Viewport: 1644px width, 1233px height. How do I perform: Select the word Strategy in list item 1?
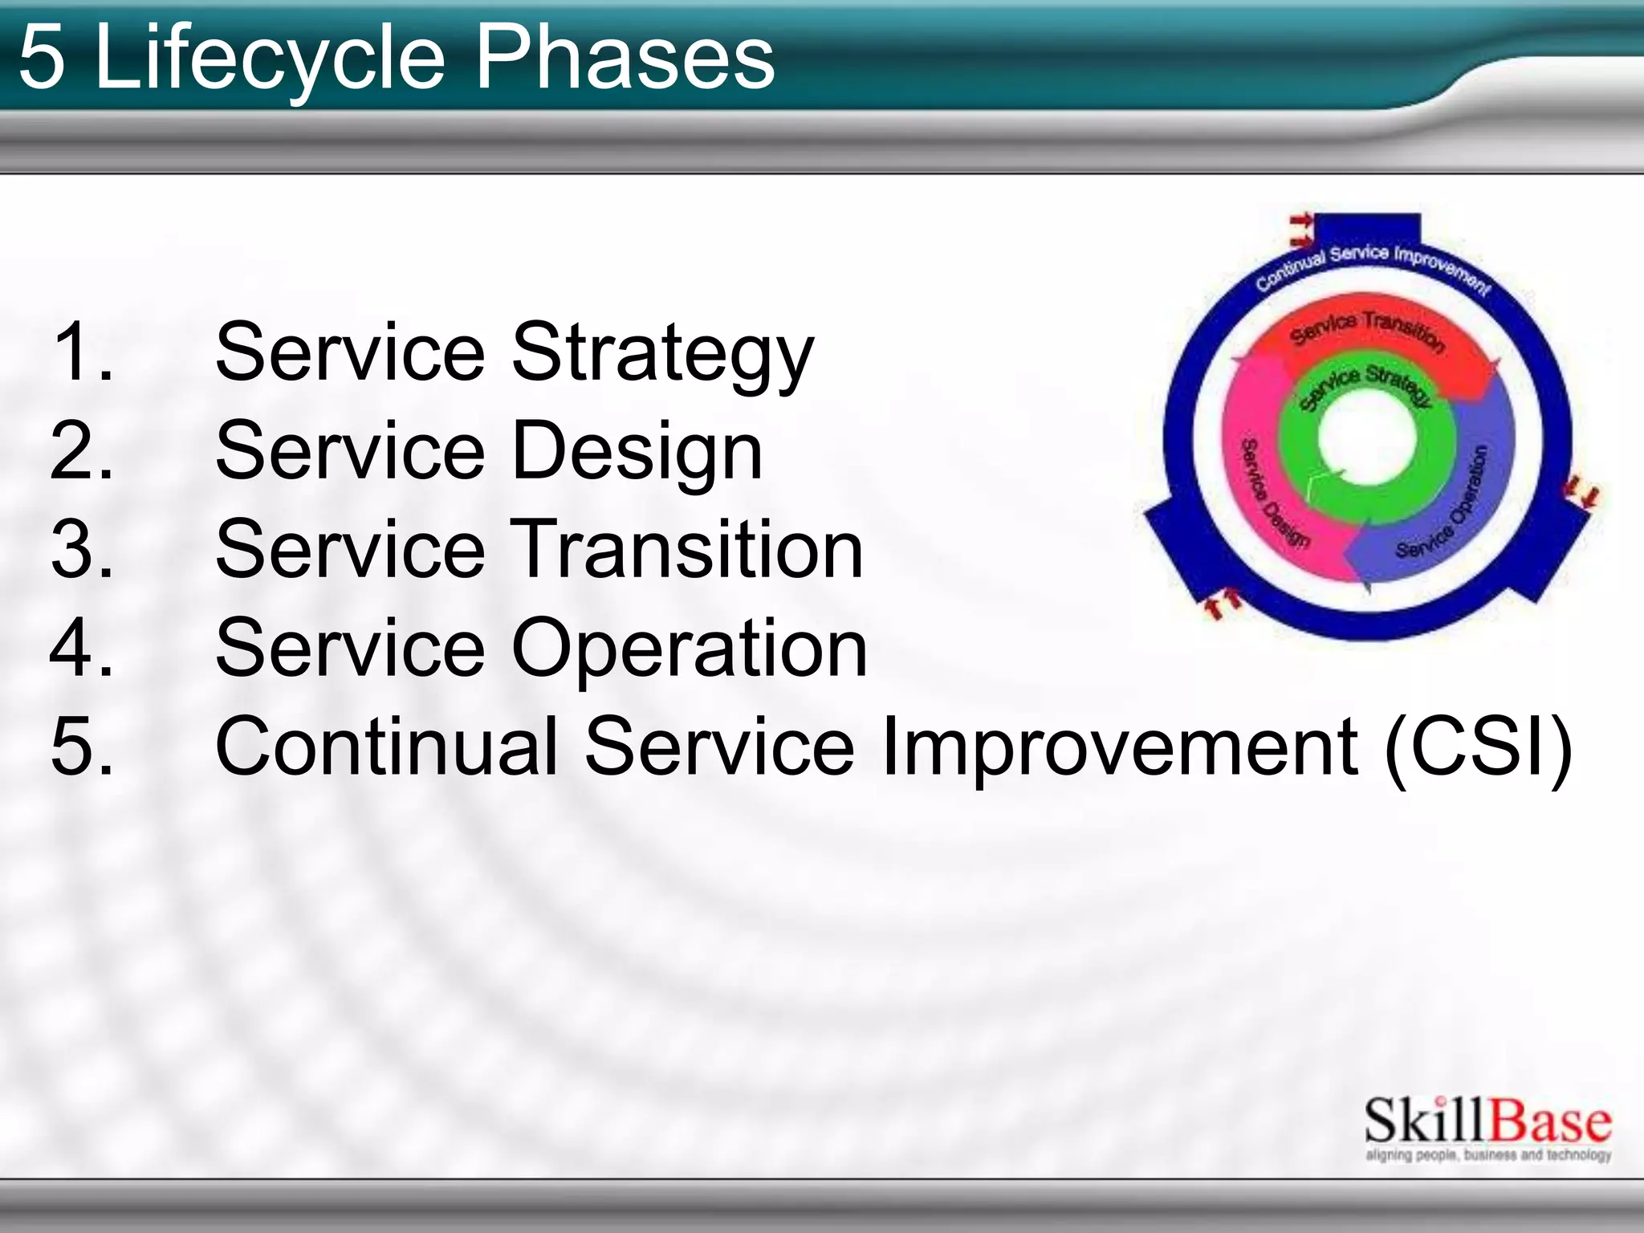click(x=662, y=353)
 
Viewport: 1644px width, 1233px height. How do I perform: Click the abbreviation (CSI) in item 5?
click(x=1478, y=747)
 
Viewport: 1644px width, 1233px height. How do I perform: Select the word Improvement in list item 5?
click(x=1119, y=747)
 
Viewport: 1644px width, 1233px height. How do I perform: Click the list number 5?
click(x=80, y=747)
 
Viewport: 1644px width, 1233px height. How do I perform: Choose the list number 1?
click(x=80, y=353)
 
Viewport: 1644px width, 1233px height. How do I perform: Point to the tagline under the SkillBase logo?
click(x=1487, y=1155)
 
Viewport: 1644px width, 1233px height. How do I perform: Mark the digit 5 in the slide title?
click(x=42, y=58)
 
